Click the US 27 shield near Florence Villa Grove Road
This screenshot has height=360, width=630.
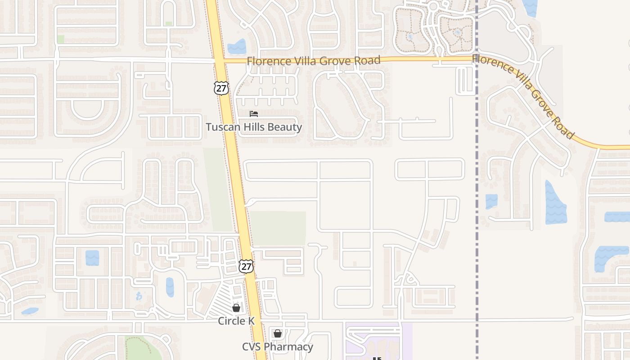click(221, 88)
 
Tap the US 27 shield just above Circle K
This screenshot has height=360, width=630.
click(246, 266)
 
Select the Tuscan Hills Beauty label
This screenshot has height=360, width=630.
click(254, 127)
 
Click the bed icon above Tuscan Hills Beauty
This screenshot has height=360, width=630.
click(254, 114)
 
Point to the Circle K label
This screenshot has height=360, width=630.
click(236, 321)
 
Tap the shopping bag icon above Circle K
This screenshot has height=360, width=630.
click(236, 308)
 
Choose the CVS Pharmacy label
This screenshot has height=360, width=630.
click(277, 347)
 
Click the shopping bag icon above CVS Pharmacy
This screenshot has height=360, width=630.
click(278, 333)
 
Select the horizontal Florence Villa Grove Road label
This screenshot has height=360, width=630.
click(314, 60)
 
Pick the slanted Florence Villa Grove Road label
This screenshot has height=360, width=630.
click(523, 95)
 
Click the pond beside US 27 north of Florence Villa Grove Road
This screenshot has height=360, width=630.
click(237, 47)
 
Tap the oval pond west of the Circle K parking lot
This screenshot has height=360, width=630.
click(170, 287)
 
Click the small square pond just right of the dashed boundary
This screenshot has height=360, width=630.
click(491, 201)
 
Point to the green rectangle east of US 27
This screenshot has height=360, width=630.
click(278, 228)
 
